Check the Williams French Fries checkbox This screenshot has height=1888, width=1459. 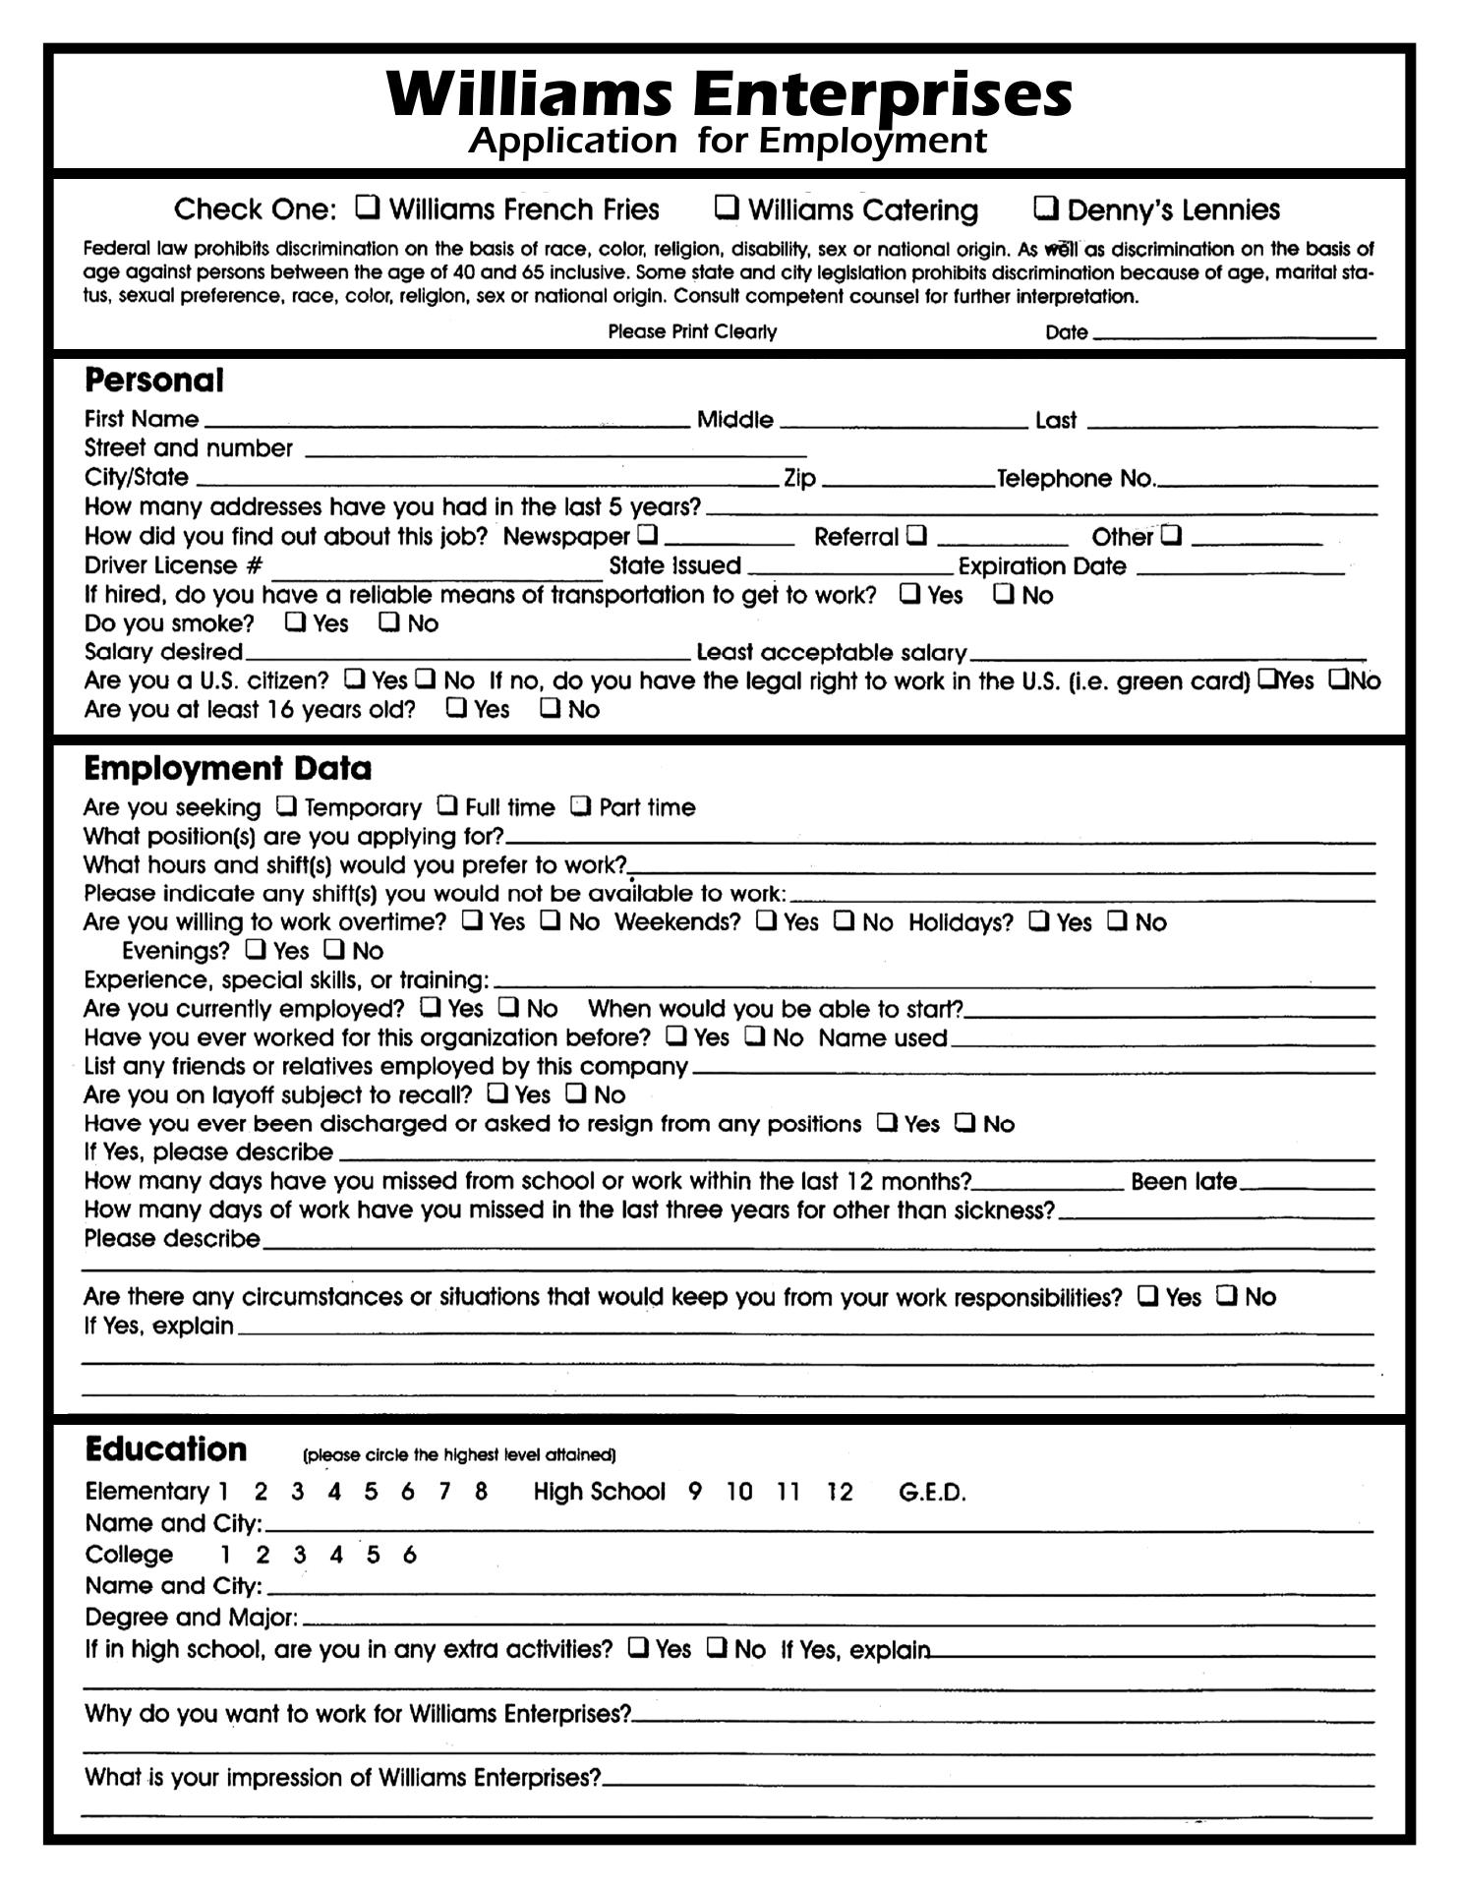[x=368, y=206]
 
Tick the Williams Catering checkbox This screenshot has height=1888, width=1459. [x=727, y=206]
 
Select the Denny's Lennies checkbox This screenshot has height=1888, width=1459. [x=1046, y=207]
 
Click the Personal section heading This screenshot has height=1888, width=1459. [x=154, y=381]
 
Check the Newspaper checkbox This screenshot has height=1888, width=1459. [x=647, y=535]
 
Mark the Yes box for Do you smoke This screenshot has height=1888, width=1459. [x=295, y=621]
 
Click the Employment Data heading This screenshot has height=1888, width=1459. [x=228, y=768]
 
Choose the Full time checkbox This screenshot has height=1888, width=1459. [x=447, y=805]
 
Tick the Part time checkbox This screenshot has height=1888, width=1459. [x=581, y=805]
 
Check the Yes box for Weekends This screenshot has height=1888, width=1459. [x=766, y=920]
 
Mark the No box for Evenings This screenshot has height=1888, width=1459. [x=335, y=949]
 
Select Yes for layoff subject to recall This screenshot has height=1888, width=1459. [x=498, y=1092]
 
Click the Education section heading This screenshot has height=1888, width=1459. [x=166, y=1449]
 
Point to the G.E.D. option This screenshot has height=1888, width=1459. [x=932, y=1493]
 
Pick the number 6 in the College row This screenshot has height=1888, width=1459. [x=410, y=1555]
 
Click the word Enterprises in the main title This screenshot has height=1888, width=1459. [x=882, y=95]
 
